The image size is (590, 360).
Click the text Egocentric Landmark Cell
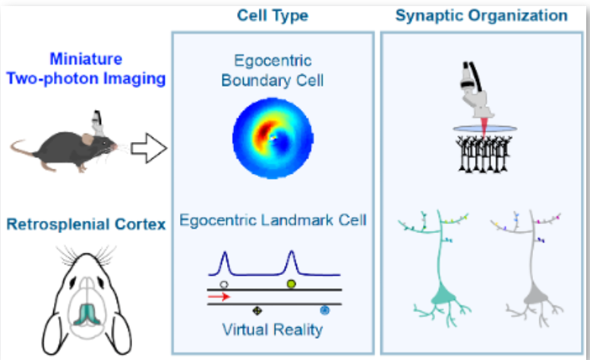coord(274,221)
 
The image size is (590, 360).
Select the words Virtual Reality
coord(271,330)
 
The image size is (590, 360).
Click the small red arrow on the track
coord(219,297)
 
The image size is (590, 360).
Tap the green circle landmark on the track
coord(291,284)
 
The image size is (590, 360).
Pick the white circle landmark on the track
coord(223,284)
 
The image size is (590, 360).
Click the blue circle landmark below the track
coord(324,310)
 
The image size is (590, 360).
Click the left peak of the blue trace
coord(223,263)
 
